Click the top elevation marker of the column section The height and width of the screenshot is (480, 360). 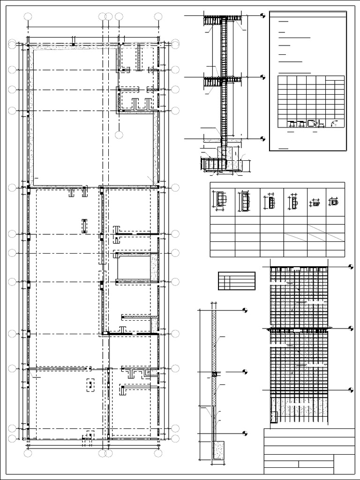click(262, 15)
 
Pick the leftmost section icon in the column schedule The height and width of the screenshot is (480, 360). click(221, 199)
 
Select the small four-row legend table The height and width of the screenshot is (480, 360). click(236, 281)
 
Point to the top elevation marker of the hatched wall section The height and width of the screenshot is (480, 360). click(245, 310)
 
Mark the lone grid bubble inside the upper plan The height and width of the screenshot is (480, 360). click(119, 135)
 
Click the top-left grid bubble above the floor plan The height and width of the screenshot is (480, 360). click(28, 17)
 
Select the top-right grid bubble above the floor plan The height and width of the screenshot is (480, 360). click(158, 17)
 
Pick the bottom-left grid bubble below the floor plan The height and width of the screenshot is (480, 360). click(28, 453)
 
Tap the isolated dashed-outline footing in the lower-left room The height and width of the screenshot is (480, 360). click(90, 385)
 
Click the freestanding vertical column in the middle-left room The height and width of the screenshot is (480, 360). click(84, 225)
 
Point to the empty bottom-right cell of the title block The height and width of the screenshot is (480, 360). click(345, 464)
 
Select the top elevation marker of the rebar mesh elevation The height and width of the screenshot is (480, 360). click(351, 266)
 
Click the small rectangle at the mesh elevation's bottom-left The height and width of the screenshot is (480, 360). click(274, 416)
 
